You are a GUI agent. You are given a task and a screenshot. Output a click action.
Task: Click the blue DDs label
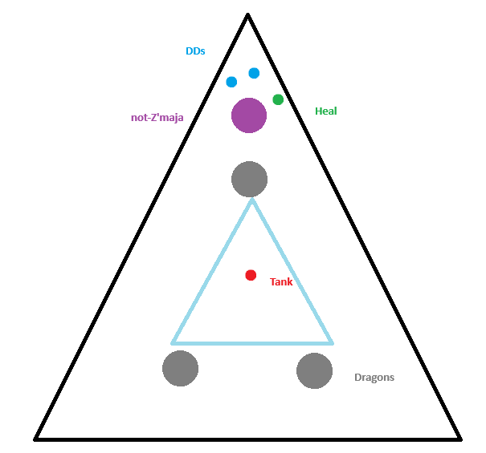pos(195,51)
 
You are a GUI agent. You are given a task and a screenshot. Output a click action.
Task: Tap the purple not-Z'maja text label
pos(157,118)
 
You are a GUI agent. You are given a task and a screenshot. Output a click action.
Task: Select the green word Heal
pos(326,111)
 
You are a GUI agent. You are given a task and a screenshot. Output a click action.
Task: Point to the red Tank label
pos(281,282)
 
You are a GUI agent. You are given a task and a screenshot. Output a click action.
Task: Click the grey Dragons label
pos(374,378)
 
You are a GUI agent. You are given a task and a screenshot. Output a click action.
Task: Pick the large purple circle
pos(249,115)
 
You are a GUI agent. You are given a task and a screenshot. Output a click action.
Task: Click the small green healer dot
pos(278,99)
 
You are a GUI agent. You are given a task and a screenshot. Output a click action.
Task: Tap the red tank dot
pos(251,275)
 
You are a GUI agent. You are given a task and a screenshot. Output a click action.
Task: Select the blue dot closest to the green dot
pos(254,73)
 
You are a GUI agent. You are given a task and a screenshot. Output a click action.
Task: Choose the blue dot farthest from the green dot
pos(231,82)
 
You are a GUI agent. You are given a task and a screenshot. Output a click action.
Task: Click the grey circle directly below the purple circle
pos(250,179)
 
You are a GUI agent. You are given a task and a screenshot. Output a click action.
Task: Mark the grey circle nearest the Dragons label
pos(315,370)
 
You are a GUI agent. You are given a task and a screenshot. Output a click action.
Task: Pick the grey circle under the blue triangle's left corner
pos(181,369)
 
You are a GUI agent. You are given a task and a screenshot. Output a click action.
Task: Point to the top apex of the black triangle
pos(248,14)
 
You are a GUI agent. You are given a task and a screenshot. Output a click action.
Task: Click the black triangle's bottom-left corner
pos(35,439)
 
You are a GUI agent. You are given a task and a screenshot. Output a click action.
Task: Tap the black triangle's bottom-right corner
pos(460,439)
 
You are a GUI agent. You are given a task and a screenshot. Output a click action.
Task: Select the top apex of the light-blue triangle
pos(252,200)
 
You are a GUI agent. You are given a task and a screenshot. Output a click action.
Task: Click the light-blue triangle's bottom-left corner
pos(173,343)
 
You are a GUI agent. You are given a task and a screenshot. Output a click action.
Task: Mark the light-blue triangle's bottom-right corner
pos(332,343)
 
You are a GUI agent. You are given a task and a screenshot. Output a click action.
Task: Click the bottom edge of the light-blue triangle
pos(252,343)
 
